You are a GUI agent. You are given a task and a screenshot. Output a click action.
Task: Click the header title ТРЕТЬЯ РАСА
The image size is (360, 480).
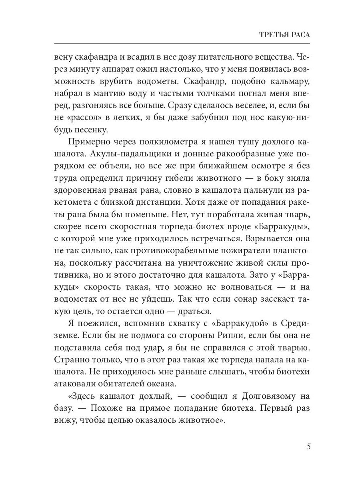[x=285, y=35]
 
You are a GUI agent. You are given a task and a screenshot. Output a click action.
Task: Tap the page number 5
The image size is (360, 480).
[x=308, y=447]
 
